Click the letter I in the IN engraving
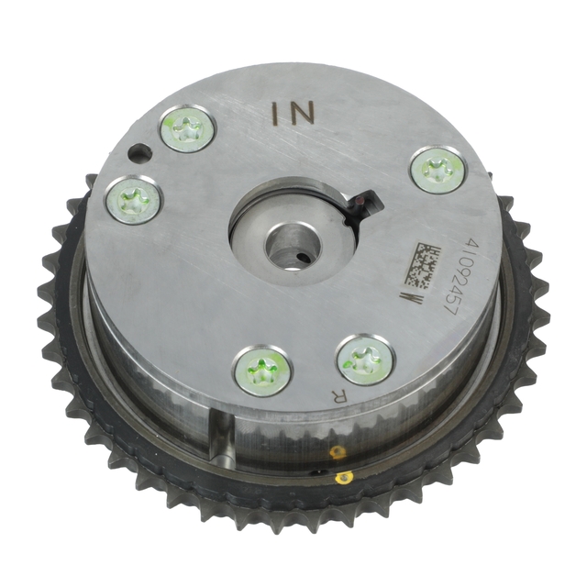275,114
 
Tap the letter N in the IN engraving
301,114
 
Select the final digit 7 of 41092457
449,309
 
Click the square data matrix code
421,265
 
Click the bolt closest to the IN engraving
187,129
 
